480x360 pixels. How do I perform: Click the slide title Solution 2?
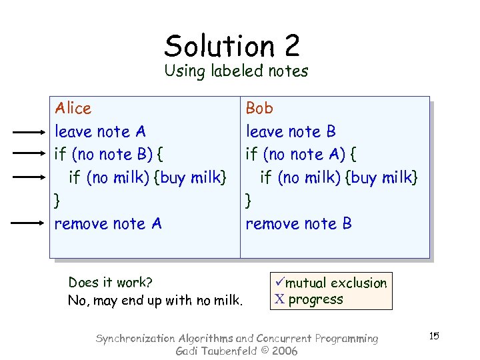232,45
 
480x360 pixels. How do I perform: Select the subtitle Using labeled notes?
237,71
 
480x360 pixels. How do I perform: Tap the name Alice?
73,108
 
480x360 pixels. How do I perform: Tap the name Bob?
259,108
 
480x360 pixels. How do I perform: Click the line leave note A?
100,131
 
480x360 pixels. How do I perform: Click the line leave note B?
291,131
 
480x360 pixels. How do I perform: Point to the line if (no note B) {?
109,154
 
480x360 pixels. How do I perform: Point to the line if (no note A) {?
301,154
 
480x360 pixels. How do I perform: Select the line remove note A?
108,223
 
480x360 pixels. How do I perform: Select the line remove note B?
299,223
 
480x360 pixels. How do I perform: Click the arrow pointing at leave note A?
29,133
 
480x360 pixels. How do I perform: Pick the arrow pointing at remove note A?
29,223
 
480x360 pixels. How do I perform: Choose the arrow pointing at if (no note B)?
29,153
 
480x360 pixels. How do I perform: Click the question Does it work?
111,283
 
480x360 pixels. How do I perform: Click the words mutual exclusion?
336,283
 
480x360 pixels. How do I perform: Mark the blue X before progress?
279,299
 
